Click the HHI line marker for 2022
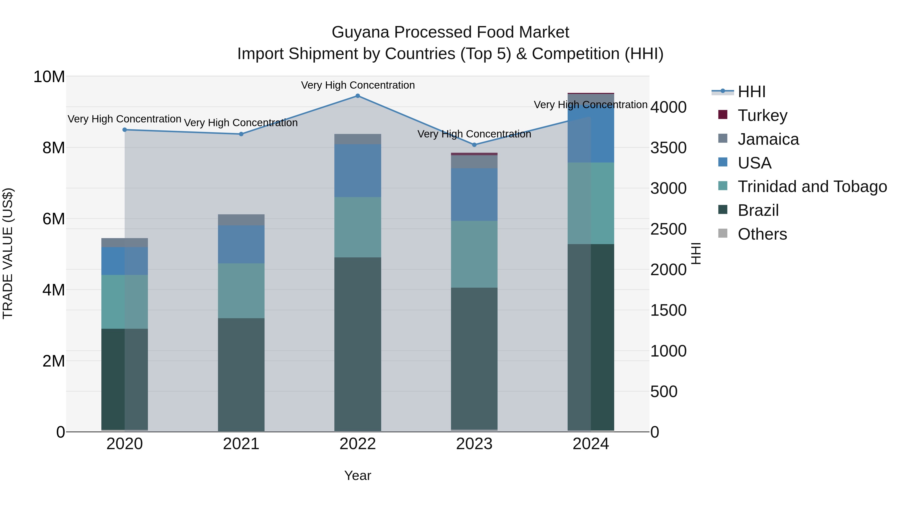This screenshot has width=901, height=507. tap(357, 96)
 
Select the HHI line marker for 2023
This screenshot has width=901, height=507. tap(474, 145)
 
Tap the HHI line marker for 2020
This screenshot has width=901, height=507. tap(125, 130)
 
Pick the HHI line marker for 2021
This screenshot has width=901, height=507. tap(241, 134)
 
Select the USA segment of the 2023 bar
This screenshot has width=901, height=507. tap(474, 195)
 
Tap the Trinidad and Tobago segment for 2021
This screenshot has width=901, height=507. tap(241, 291)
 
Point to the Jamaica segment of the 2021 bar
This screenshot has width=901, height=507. tap(241, 220)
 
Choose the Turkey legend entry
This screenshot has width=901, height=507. tap(763, 115)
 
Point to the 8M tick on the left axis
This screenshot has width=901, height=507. tap(54, 148)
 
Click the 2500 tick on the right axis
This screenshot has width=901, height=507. tap(668, 229)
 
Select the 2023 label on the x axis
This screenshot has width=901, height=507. tap(474, 444)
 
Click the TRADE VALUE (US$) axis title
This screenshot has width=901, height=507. tap(8, 253)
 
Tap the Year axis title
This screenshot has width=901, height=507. tap(357, 475)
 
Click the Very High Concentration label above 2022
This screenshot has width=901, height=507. tap(357, 85)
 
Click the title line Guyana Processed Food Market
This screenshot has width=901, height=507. tap(450, 32)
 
